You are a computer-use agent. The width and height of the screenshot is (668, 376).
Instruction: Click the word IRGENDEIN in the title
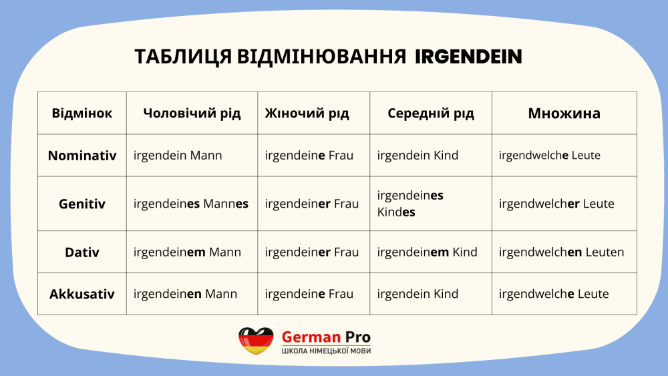468,57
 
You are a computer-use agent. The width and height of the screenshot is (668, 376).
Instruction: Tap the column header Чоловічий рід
192,114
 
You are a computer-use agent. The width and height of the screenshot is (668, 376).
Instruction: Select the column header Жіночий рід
307,114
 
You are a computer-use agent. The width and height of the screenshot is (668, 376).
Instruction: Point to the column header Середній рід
431,114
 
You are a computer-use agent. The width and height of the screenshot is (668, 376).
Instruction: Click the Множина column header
564,114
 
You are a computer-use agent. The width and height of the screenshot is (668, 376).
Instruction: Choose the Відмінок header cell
81,114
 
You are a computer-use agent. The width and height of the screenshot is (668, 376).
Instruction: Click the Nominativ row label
81,156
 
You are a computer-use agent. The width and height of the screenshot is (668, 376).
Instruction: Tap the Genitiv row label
81,204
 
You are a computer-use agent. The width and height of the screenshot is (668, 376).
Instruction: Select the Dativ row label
81,252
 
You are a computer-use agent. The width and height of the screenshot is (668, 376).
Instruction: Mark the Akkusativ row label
81,294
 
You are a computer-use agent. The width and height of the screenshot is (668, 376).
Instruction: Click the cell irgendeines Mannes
191,204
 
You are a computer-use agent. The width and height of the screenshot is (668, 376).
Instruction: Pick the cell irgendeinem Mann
187,252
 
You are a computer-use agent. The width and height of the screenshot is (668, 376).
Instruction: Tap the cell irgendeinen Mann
185,294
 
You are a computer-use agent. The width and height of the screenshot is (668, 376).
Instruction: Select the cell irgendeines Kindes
410,204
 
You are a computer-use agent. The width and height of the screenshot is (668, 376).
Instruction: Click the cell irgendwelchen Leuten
562,252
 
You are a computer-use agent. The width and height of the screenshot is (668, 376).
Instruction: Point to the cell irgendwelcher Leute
556,204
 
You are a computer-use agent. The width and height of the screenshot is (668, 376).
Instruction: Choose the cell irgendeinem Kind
427,252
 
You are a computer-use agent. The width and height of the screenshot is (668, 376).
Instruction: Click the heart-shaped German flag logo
256,341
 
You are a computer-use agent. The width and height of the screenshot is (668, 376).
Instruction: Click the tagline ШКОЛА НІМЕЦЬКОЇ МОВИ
327,351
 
